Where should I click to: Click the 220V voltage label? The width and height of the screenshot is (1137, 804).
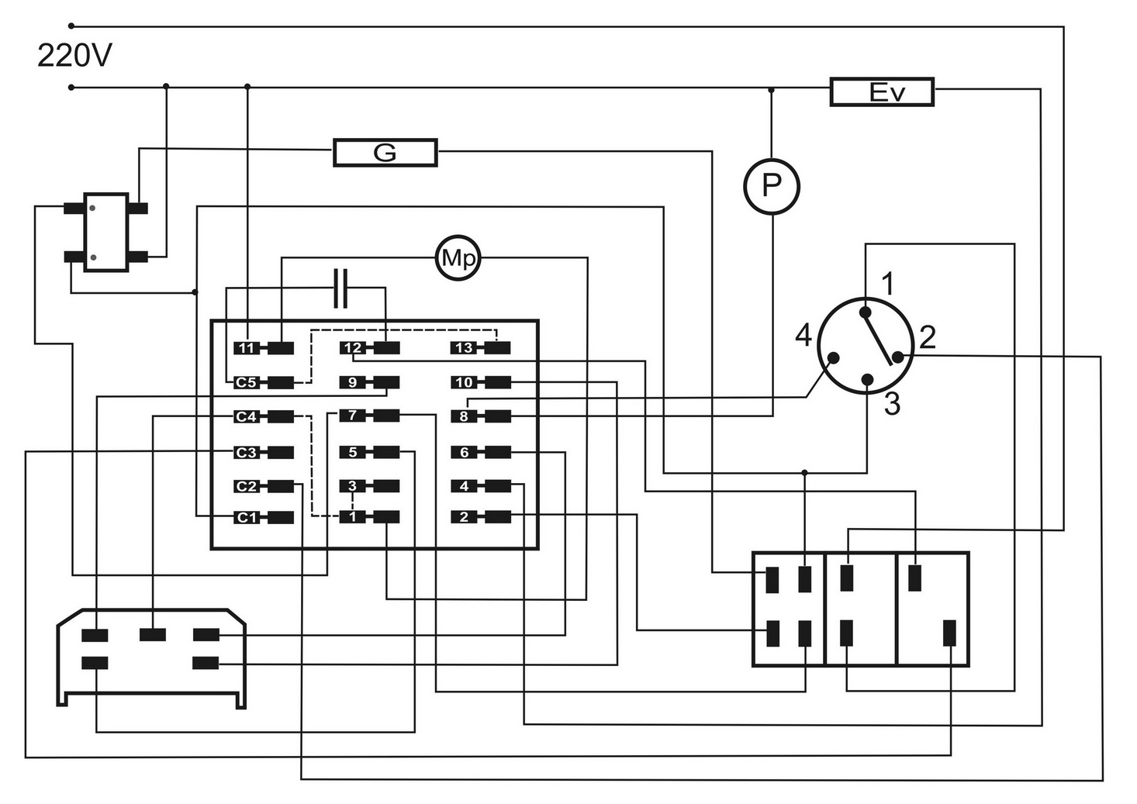74,56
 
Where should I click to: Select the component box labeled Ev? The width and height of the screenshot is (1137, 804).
882,92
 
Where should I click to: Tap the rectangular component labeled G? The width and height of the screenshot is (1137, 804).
385,153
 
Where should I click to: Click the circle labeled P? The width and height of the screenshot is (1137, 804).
771,186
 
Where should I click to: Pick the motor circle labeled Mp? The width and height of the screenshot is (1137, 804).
458,258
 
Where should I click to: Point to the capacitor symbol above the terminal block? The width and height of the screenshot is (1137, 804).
340,289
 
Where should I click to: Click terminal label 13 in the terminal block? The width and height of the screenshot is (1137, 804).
464,348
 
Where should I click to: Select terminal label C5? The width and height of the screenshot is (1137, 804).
246,382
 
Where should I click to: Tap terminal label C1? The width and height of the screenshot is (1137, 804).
246,517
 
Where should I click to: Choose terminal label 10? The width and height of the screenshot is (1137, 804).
464,382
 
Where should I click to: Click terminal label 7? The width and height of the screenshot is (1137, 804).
352,416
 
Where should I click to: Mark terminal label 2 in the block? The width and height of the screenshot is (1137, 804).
464,517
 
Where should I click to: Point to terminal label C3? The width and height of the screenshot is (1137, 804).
246,452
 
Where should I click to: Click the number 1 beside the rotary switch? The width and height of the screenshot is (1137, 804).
889,284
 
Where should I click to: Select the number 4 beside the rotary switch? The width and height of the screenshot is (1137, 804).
804,336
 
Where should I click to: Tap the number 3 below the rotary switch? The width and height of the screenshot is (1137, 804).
893,405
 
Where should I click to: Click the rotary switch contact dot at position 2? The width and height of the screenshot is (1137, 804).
897,357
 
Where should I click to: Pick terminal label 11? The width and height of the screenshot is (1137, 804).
246,348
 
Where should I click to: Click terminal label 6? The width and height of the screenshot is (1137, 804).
464,452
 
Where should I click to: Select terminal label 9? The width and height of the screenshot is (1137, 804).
352,382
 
